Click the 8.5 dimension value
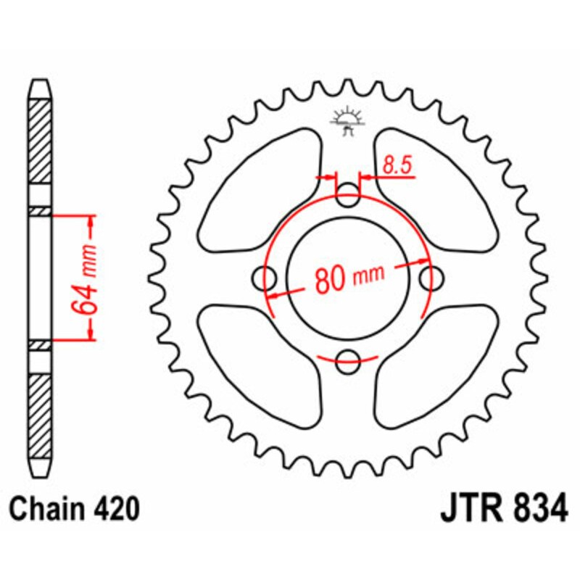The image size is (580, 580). pos(398,166)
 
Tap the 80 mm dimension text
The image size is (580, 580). pos(349,278)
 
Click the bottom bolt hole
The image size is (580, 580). pos(349,357)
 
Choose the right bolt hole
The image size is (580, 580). pos(432,276)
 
